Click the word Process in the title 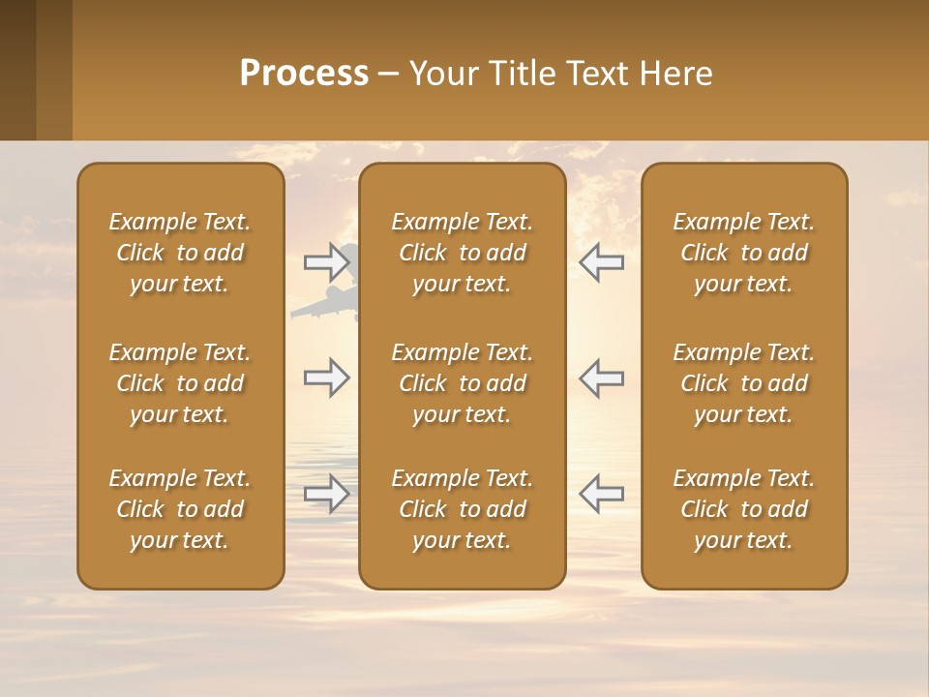tap(304, 74)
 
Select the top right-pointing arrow tap(327, 261)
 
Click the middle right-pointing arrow tap(327, 378)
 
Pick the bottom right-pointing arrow tap(327, 494)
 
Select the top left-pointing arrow tap(601, 261)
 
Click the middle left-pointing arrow tap(601, 378)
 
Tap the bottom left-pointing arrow tap(601, 494)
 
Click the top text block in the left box tap(180, 253)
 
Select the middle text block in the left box tap(180, 383)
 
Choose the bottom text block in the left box tap(180, 509)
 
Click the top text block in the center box tap(462, 253)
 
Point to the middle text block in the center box tap(462, 383)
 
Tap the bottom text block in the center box tap(462, 509)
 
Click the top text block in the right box tap(743, 253)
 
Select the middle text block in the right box tap(743, 383)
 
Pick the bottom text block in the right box tap(743, 509)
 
